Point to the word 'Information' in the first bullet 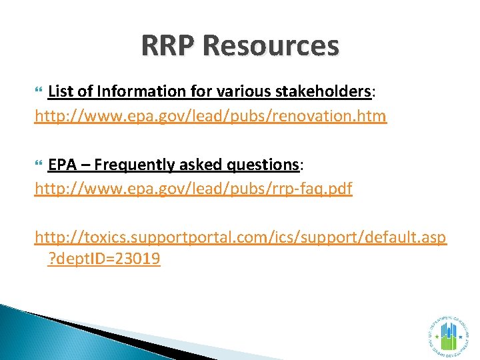click(135, 91)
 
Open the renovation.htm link click(211, 116)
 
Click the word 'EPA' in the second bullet click(62, 164)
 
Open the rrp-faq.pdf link click(193, 189)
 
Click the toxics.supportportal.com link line click(241, 237)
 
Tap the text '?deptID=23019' click(105, 259)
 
